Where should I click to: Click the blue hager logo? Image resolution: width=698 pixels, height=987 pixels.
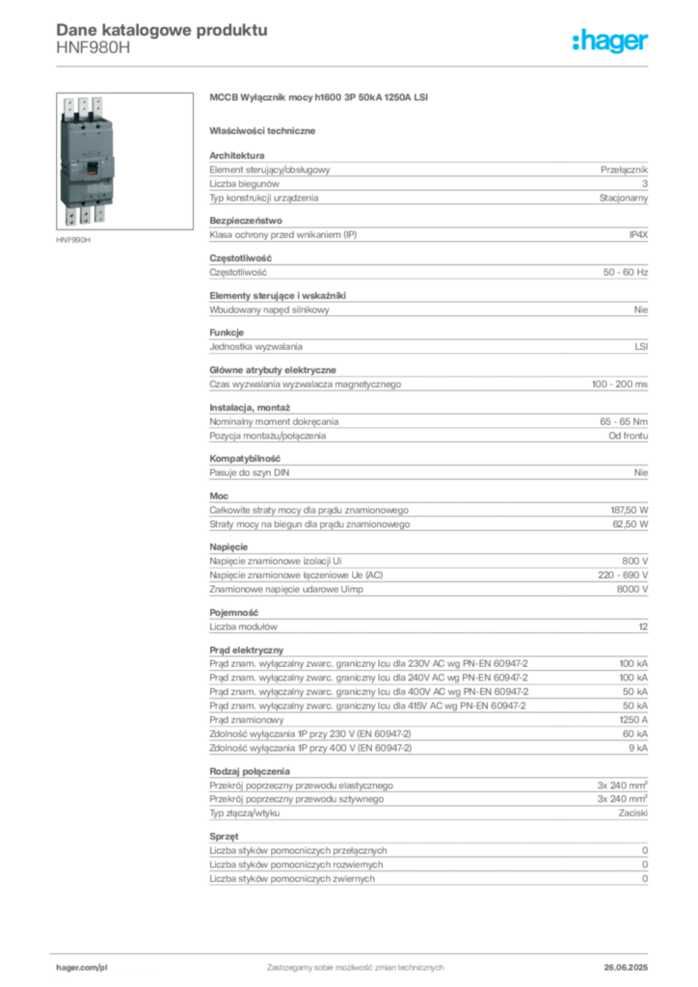coord(611,42)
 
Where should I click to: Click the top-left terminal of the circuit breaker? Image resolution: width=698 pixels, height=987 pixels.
coord(68,105)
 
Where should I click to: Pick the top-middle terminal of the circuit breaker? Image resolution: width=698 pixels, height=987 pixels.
coord(83,104)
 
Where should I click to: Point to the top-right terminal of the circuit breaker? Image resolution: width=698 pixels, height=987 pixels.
coord(98,104)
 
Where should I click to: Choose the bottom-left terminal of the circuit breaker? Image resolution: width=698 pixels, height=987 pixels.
coord(69,217)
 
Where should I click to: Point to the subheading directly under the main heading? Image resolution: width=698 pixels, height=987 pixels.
coord(266,129)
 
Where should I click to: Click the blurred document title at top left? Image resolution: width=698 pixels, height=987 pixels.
coord(160,29)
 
